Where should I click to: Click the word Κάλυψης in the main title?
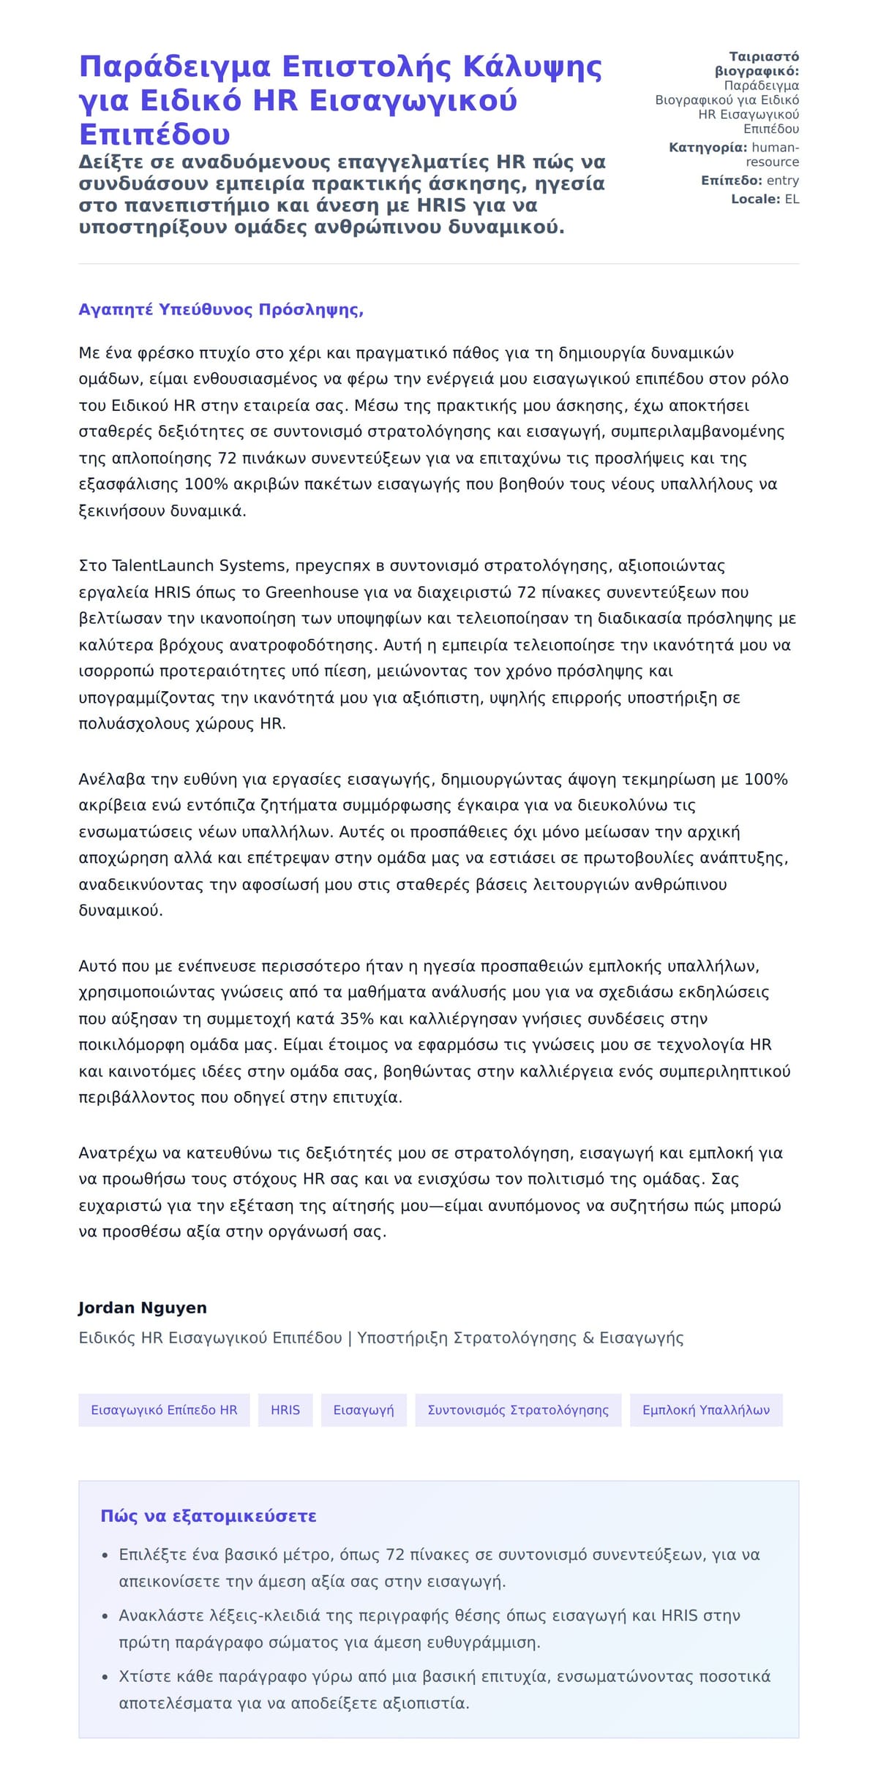pyautogui.click(x=532, y=67)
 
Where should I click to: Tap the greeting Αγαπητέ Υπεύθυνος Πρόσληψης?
pyautogui.click(x=221, y=309)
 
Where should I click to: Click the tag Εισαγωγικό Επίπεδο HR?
pyautogui.click(x=164, y=1409)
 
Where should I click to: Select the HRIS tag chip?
pyautogui.click(x=285, y=1409)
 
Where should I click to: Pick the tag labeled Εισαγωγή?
pyautogui.click(x=364, y=1409)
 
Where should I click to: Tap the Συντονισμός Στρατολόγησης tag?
pyautogui.click(x=518, y=1409)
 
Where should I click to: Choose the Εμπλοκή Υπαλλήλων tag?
pyautogui.click(x=706, y=1409)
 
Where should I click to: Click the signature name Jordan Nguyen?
pyautogui.click(x=143, y=1307)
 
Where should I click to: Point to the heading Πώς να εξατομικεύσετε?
pyautogui.click(x=209, y=1515)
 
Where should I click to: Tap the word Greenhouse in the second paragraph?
pyautogui.click(x=312, y=592)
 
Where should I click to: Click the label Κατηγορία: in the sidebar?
pyautogui.click(x=708, y=148)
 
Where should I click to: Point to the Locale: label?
pyautogui.click(x=756, y=199)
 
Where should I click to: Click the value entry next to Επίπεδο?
pyautogui.click(x=783, y=181)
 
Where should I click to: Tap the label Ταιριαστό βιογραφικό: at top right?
pyautogui.click(x=757, y=64)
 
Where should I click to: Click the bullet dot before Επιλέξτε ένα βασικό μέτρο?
pyautogui.click(x=105, y=1555)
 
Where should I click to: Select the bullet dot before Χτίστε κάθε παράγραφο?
pyautogui.click(x=105, y=1677)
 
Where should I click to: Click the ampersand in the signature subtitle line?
pyautogui.click(x=589, y=1338)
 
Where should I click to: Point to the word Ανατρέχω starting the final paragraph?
pyautogui.click(x=118, y=1153)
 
